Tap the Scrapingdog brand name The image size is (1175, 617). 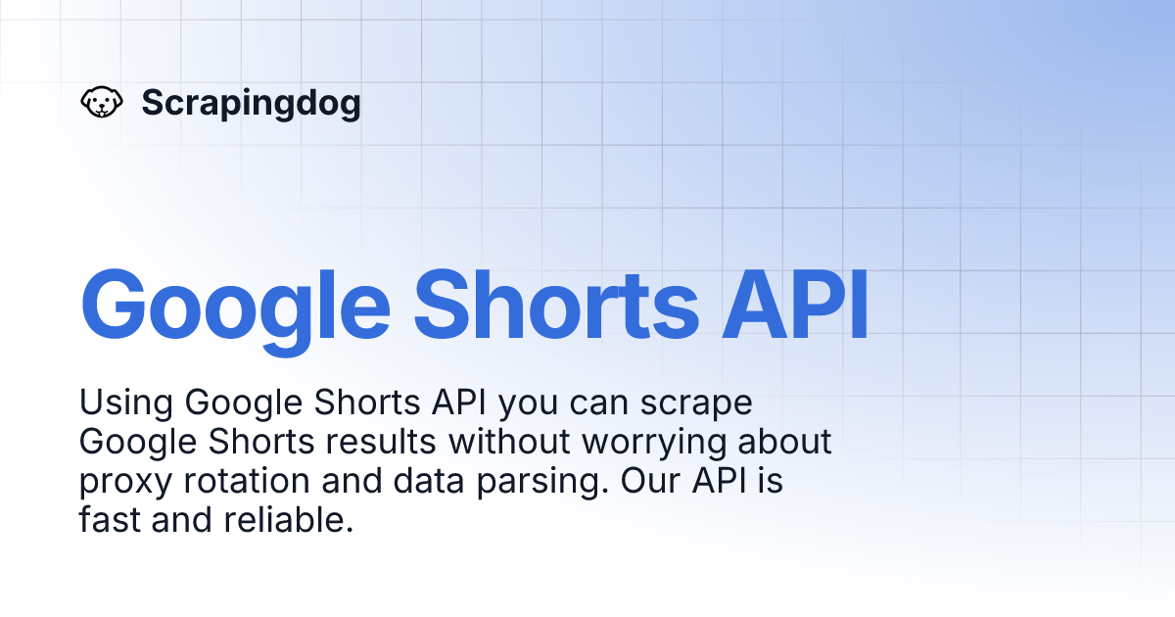pyautogui.click(x=251, y=102)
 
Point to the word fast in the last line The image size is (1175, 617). pyautogui.click(x=109, y=521)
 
